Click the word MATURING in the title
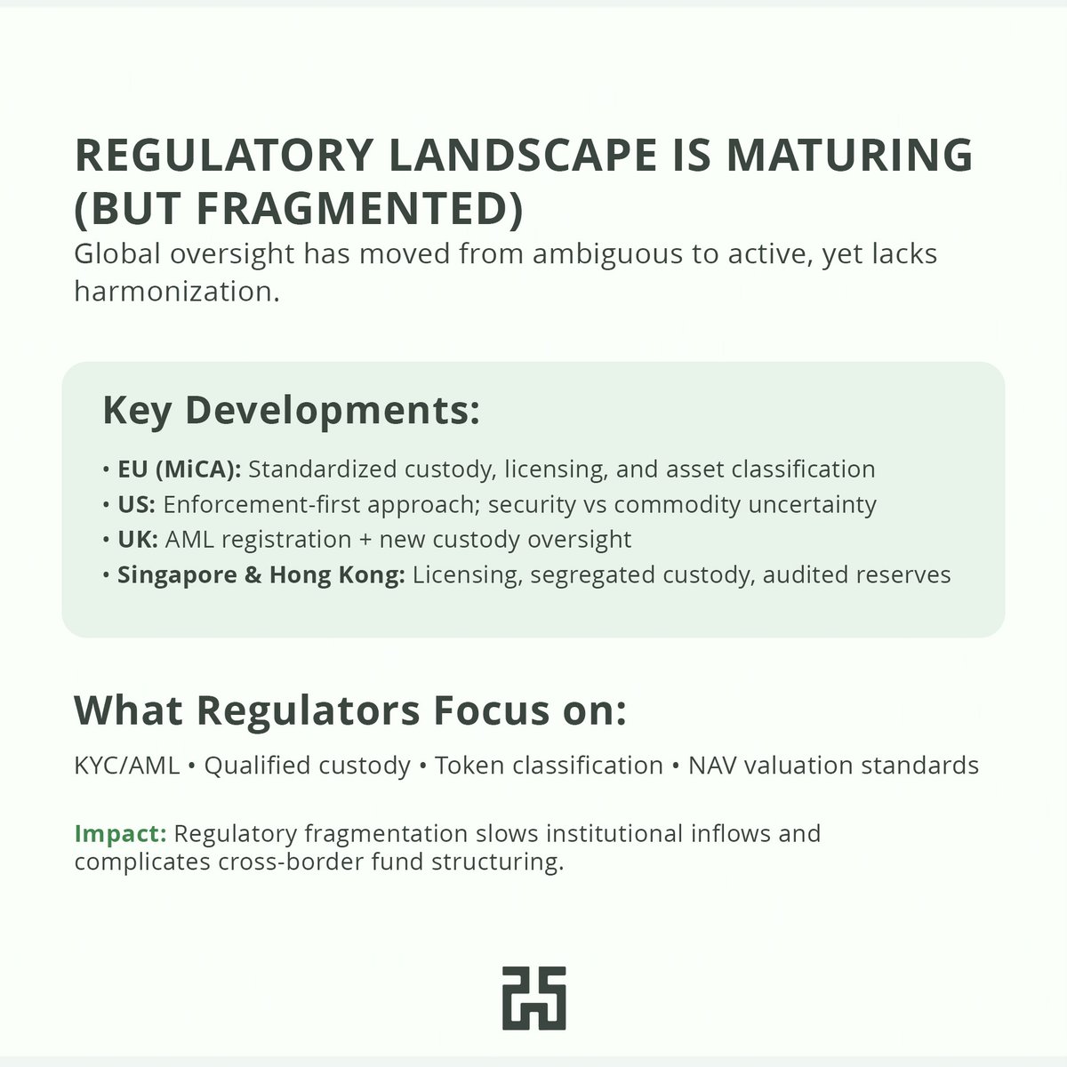(x=849, y=155)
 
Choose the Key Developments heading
(x=291, y=410)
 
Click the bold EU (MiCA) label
(x=179, y=469)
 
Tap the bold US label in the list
(x=136, y=505)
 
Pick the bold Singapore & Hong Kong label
(x=261, y=575)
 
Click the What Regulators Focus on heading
(x=350, y=710)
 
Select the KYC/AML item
(x=126, y=766)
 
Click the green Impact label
(x=120, y=834)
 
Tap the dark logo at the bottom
(x=533, y=998)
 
